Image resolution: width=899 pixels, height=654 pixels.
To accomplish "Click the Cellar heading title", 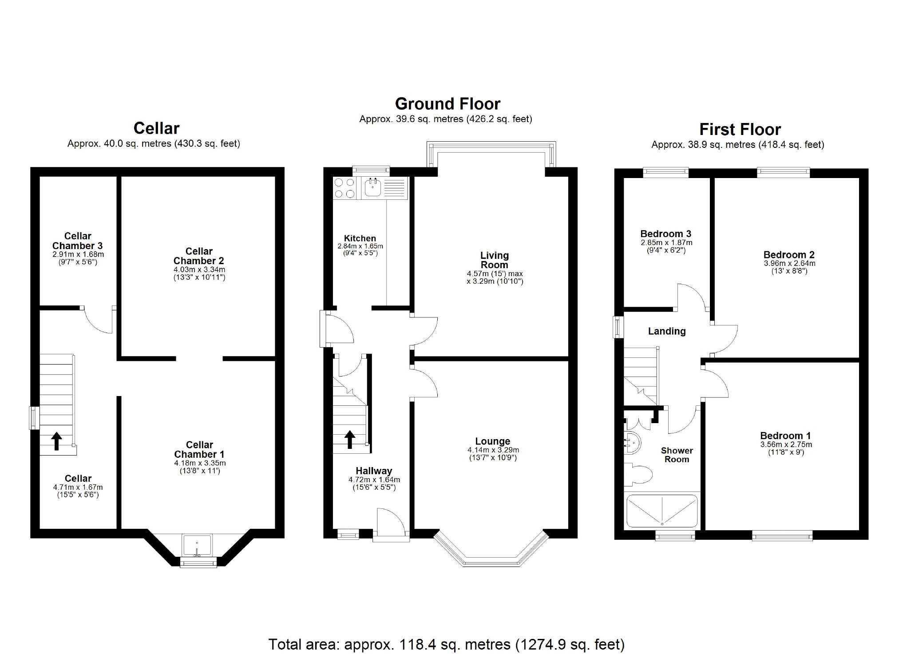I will pyautogui.click(x=156, y=128).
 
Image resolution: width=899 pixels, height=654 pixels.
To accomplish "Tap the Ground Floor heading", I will pyautogui.click(x=448, y=104).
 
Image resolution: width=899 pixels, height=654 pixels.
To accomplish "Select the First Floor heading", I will pyautogui.click(x=740, y=130).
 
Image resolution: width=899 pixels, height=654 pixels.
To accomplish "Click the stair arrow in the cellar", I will pyautogui.click(x=56, y=441).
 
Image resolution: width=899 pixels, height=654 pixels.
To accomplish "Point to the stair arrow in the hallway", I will pyautogui.click(x=350, y=439).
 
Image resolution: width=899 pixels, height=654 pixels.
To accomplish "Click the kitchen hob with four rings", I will pyautogui.click(x=345, y=188).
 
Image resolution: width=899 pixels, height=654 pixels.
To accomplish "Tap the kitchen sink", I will pyautogui.click(x=372, y=188).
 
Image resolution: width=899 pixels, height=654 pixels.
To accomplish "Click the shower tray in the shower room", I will pyautogui.click(x=661, y=511).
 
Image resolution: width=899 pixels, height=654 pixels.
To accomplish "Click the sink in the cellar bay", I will pyautogui.click(x=198, y=545).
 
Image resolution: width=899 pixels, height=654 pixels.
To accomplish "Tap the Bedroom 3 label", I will pyautogui.click(x=665, y=234).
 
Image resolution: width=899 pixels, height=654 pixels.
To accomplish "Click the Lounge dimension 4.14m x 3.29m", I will pyautogui.click(x=493, y=450).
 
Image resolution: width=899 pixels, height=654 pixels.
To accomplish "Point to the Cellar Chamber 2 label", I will pyautogui.click(x=199, y=256).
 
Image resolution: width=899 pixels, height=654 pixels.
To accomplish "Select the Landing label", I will pyautogui.click(x=666, y=331).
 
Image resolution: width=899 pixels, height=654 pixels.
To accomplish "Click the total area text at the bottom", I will pyautogui.click(x=446, y=644).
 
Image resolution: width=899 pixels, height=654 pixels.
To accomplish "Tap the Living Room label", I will pyautogui.click(x=494, y=260).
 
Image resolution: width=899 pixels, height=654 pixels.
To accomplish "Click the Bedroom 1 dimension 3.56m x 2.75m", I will pyautogui.click(x=786, y=444).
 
